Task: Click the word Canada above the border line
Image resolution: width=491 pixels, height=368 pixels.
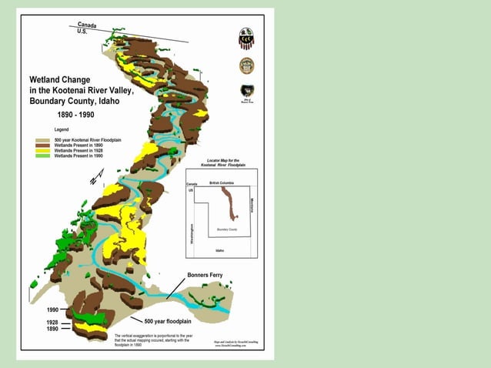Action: click(x=86, y=25)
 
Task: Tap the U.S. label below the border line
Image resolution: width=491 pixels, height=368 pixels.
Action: click(x=82, y=32)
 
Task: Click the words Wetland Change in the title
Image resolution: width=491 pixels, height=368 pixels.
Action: click(x=60, y=79)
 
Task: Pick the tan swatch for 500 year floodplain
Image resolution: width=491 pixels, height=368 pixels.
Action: click(x=42, y=139)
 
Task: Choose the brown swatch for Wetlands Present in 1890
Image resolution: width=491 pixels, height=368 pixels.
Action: click(x=42, y=145)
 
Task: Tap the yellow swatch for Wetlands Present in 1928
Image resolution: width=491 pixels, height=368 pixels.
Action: click(x=42, y=150)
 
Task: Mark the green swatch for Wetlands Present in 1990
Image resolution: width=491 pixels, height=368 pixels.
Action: click(x=42, y=156)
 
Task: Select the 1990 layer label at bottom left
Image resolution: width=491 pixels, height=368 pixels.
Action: click(x=52, y=309)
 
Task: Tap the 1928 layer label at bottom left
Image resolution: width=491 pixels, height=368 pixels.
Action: click(x=52, y=322)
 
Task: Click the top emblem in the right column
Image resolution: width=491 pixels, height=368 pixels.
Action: click(x=246, y=38)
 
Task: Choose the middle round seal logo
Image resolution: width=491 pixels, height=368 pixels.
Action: click(x=246, y=65)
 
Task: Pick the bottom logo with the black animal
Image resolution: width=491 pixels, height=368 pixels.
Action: click(x=246, y=92)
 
